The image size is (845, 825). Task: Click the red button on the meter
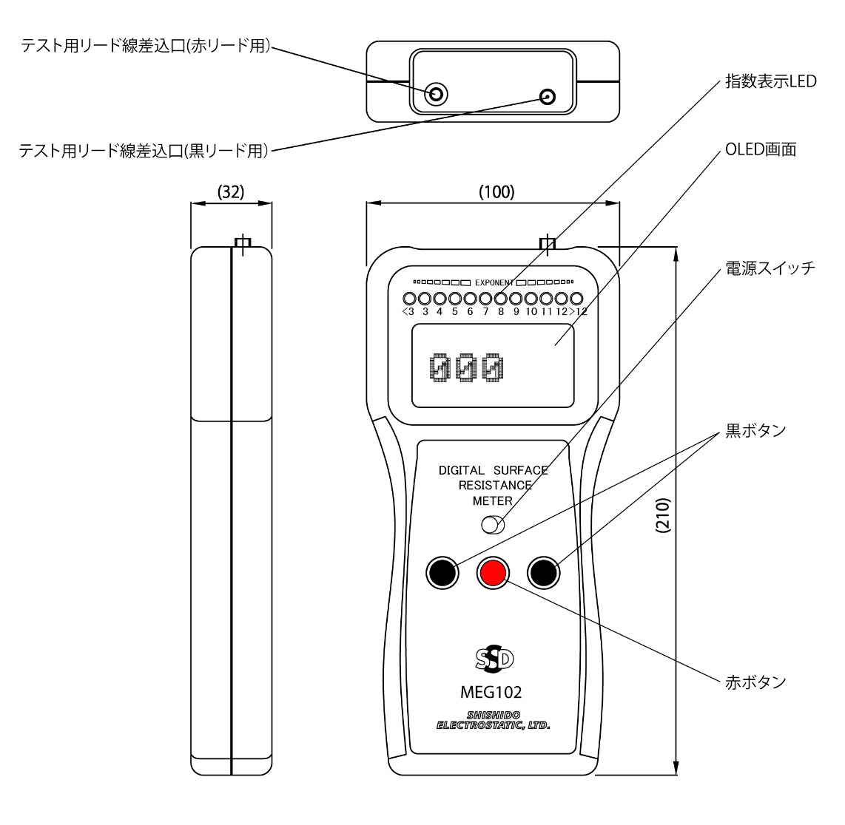tap(491, 571)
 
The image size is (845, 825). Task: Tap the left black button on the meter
tap(441, 572)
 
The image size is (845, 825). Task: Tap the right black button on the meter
tap(542, 572)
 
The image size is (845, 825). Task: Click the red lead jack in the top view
tap(437, 94)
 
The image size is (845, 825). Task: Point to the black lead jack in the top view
tap(548, 96)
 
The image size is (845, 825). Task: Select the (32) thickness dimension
tap(231, 191)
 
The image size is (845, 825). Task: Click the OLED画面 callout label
tap(761, 149)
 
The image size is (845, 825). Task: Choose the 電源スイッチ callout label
tap(770, 268)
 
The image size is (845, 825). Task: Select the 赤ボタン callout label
tap(755, 682)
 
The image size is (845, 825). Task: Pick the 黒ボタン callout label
tap(755, 431)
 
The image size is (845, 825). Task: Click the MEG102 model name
tap(491, 693)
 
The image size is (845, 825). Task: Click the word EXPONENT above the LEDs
tap(494, 282)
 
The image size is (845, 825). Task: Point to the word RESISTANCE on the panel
tap(495, 486)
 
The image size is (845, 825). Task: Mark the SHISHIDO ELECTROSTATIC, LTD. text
tap(494, 720)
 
